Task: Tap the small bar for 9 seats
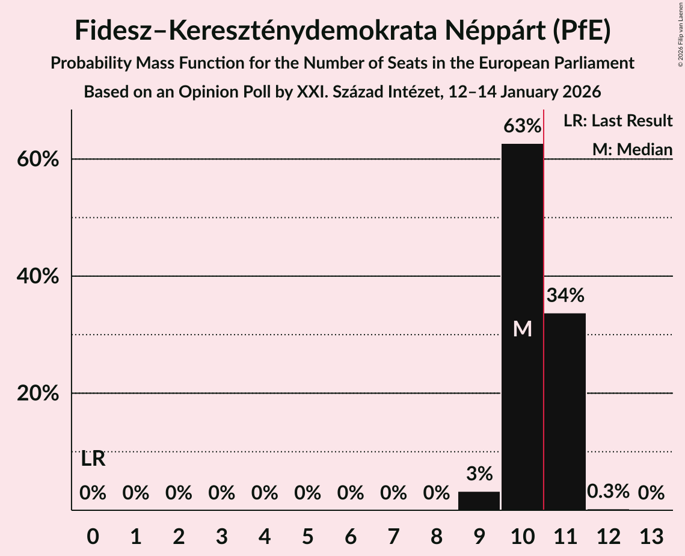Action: (479, 501)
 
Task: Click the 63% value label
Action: (522, 126)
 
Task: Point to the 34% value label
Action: (565, 295)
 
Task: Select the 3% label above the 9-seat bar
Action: (479, 474)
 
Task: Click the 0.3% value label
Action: (608, 492)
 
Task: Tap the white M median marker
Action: (523, 329)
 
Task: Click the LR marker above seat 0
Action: (93, 459)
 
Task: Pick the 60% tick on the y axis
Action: (41, 159)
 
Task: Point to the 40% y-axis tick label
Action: (41, 276)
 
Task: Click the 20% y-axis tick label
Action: (41, 394)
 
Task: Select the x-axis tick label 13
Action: (651, 536)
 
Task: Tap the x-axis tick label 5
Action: (307, 536)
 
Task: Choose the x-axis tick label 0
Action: (93, 536)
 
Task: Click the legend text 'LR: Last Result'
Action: (618, 121)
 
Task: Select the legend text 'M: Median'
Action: (632, 149)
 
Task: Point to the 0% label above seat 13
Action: (651, 493)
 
